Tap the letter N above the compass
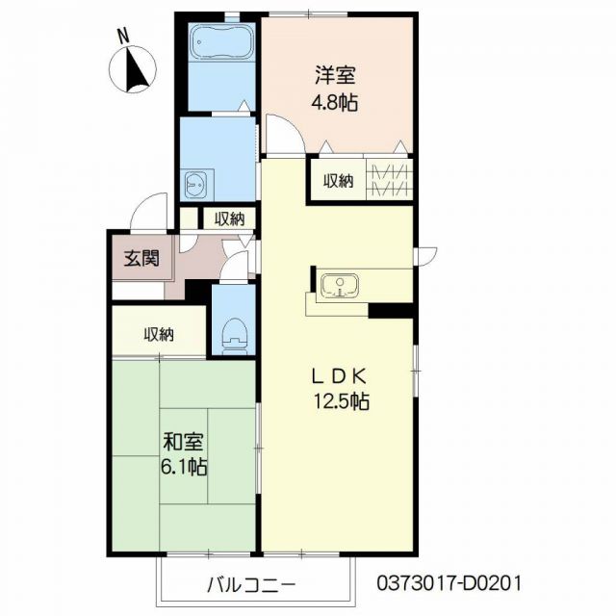(x=123, y=34)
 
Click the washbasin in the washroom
(x=198, y=183)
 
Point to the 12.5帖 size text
(x=334, y=403)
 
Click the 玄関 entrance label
(x=136, y=258)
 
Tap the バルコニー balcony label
(x=251, y=583)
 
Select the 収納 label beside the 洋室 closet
(x=338, y=180)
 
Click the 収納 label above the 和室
(x=159, y=334)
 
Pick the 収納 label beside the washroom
(x=229, y=218)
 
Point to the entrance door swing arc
(x=148, y=205)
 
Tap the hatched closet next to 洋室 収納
(x=390, y=180)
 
